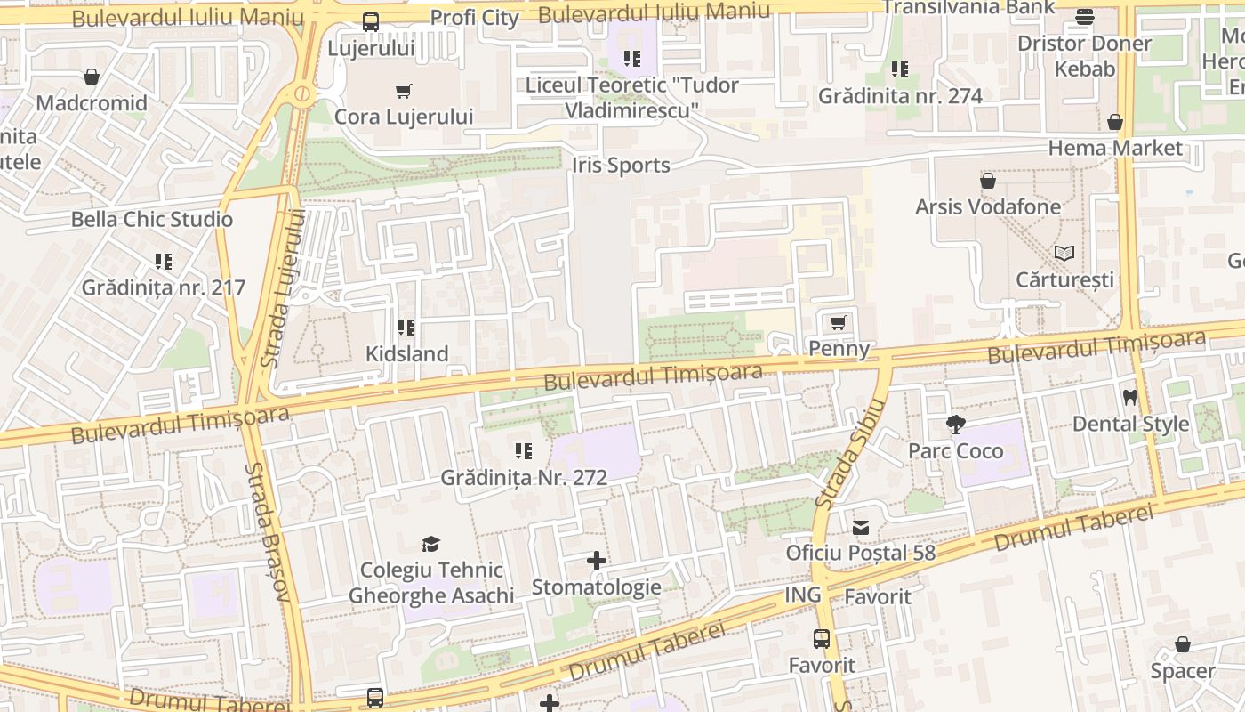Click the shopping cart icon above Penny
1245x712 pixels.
[x=837, y=323]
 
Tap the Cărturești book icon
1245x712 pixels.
[x=1064, y=254]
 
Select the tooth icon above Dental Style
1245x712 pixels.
[x=1130, y=398]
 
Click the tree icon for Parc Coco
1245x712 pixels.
[x=956, y=425]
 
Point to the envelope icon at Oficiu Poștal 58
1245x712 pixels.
[x=861, y=528]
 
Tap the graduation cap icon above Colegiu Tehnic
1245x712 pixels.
[x=430, y=544]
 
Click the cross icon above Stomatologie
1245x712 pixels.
[x=597, y=561]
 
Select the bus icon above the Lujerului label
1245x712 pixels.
[x=371, y=22]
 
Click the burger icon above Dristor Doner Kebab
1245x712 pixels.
[x=1084, y=17]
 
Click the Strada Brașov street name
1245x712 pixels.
[x=269, y=531]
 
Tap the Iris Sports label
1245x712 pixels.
[x=621, y=166]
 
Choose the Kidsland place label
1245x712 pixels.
[x=407, y=353]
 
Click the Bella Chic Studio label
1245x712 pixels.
[x=152, y=219]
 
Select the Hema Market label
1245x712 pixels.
[x=1115, y=148]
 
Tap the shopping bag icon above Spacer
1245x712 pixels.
[x=1183, y=644]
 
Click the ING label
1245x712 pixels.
[x=802, y=595]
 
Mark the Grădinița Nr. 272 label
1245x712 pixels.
[x=524, y=478]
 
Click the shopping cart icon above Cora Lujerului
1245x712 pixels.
[x=403, y=91]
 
